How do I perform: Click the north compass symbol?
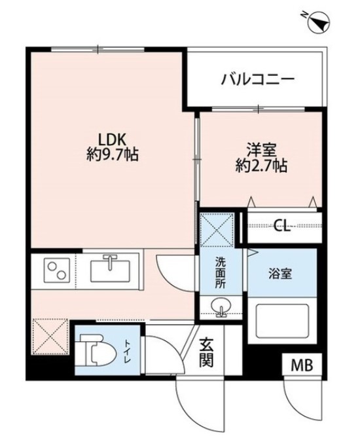(x=319, y=22)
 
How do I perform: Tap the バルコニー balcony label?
(x=257, y=79)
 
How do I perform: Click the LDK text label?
(x=113, y=139)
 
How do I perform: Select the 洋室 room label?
(x=261, y=151)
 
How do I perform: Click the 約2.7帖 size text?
(x=261, y=166)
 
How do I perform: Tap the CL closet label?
(x=282, y=225)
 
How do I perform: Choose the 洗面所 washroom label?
(x=221, y=272)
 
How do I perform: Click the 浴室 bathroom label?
(x=280, y=274)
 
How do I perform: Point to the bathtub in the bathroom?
(x=282, y=321)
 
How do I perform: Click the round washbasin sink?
(x=221, y=306)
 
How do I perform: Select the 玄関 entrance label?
(x=207, y=352)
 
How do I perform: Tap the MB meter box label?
(x=302, y=365)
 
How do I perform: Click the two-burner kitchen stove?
(x=57, y=270)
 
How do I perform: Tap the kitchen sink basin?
(x=110, y=270)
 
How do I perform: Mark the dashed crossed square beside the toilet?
(x=50, y=337)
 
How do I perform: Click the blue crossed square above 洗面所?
(x=217, y=230)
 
